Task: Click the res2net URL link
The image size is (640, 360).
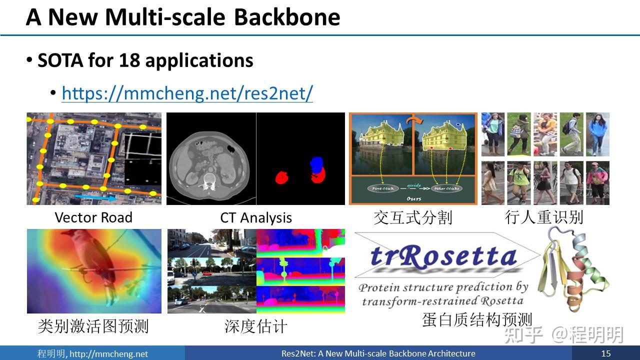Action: click(x=187, y=93)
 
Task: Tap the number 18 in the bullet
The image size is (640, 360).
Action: click(x=129, y=60)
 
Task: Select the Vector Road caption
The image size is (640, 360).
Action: click(x=93, y=217)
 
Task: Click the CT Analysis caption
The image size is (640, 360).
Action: click(x=255, y=218)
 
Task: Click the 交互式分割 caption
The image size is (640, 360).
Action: click(x=412, y=217)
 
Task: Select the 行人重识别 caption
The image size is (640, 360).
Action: click(x=544, y=217)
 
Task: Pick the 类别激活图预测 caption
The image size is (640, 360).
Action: click(x=93, y=326)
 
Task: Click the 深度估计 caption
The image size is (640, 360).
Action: click(x=255, y=326)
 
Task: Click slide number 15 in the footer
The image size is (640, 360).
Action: click(x=605, y=353)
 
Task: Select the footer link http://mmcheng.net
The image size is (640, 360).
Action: click(x=108, y=354)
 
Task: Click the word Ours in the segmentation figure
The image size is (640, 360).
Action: click(x=413, y=198)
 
